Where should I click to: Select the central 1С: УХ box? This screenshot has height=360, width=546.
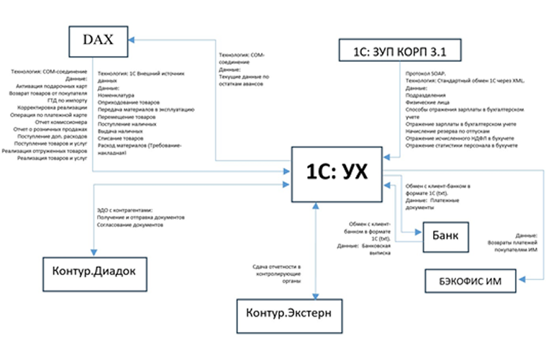[x=337, y=174]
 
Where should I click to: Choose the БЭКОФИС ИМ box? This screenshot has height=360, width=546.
[x=470, y=281]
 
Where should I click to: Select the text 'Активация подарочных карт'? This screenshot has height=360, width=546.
[x=50, y=86]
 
